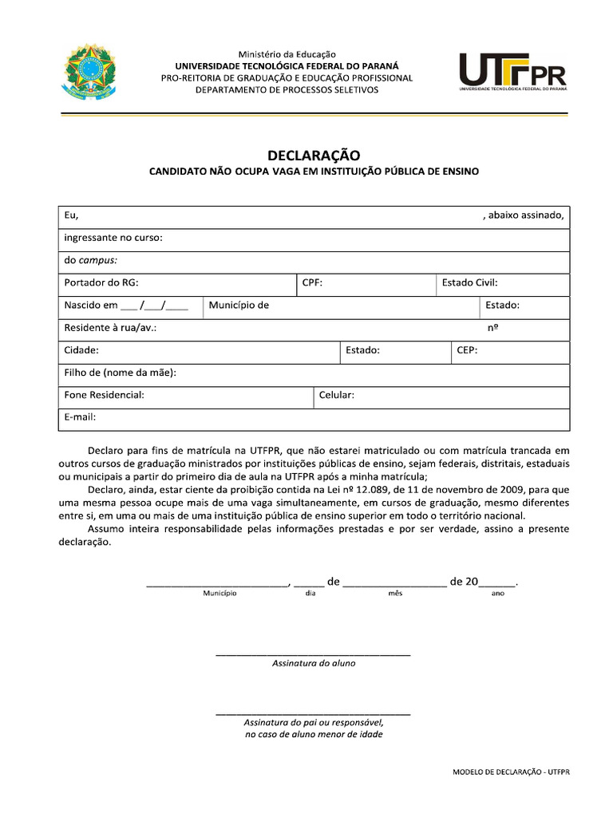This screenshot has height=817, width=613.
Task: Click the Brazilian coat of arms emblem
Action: [x=89, y=73]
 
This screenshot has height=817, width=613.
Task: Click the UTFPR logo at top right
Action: [x=512, y=73]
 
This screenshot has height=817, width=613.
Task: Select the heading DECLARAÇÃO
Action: [x=314, y=156]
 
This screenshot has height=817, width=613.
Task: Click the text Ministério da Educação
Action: [x=288, y=54]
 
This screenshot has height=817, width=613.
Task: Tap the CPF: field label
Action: [x=312, y=282]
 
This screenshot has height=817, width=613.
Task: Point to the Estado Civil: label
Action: [x=469, y=282]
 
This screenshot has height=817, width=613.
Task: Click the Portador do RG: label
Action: [x=101, y=282]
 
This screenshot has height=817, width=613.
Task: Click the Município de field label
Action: [x=239, y=306]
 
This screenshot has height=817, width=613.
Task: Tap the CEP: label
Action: [x=467, y=350]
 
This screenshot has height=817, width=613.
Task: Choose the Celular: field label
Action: [x=336, y=396]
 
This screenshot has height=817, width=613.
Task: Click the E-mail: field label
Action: [x=80, y=416]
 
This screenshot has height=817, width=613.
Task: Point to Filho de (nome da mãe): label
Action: [x=120, y=373]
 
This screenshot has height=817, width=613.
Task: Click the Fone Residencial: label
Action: [x=104, y=396]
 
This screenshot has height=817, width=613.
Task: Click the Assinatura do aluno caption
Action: [x=314, y=663]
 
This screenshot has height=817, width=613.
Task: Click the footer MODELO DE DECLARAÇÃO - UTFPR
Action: [x=511, y=772]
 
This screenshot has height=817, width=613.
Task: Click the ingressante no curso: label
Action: [x=113, y=238]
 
